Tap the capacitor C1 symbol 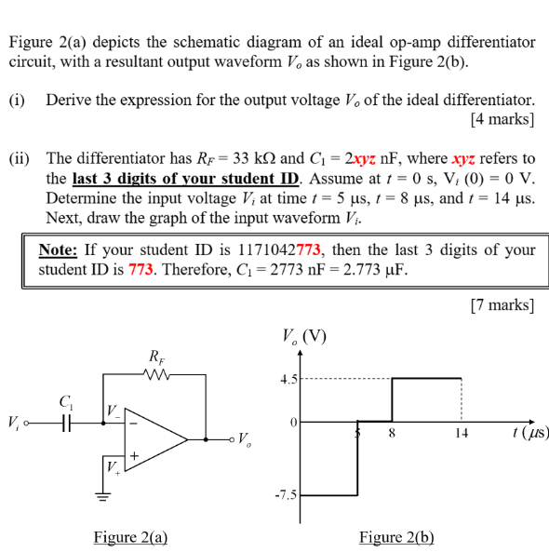click(x=66, y=423)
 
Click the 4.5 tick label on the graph click(x=288, y=379)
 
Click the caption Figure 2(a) click(x=130, y=536)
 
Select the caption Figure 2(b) click(x=396, y=536)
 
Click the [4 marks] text click(x=503, y=118)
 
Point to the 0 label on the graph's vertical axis click(x=292, y=423)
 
